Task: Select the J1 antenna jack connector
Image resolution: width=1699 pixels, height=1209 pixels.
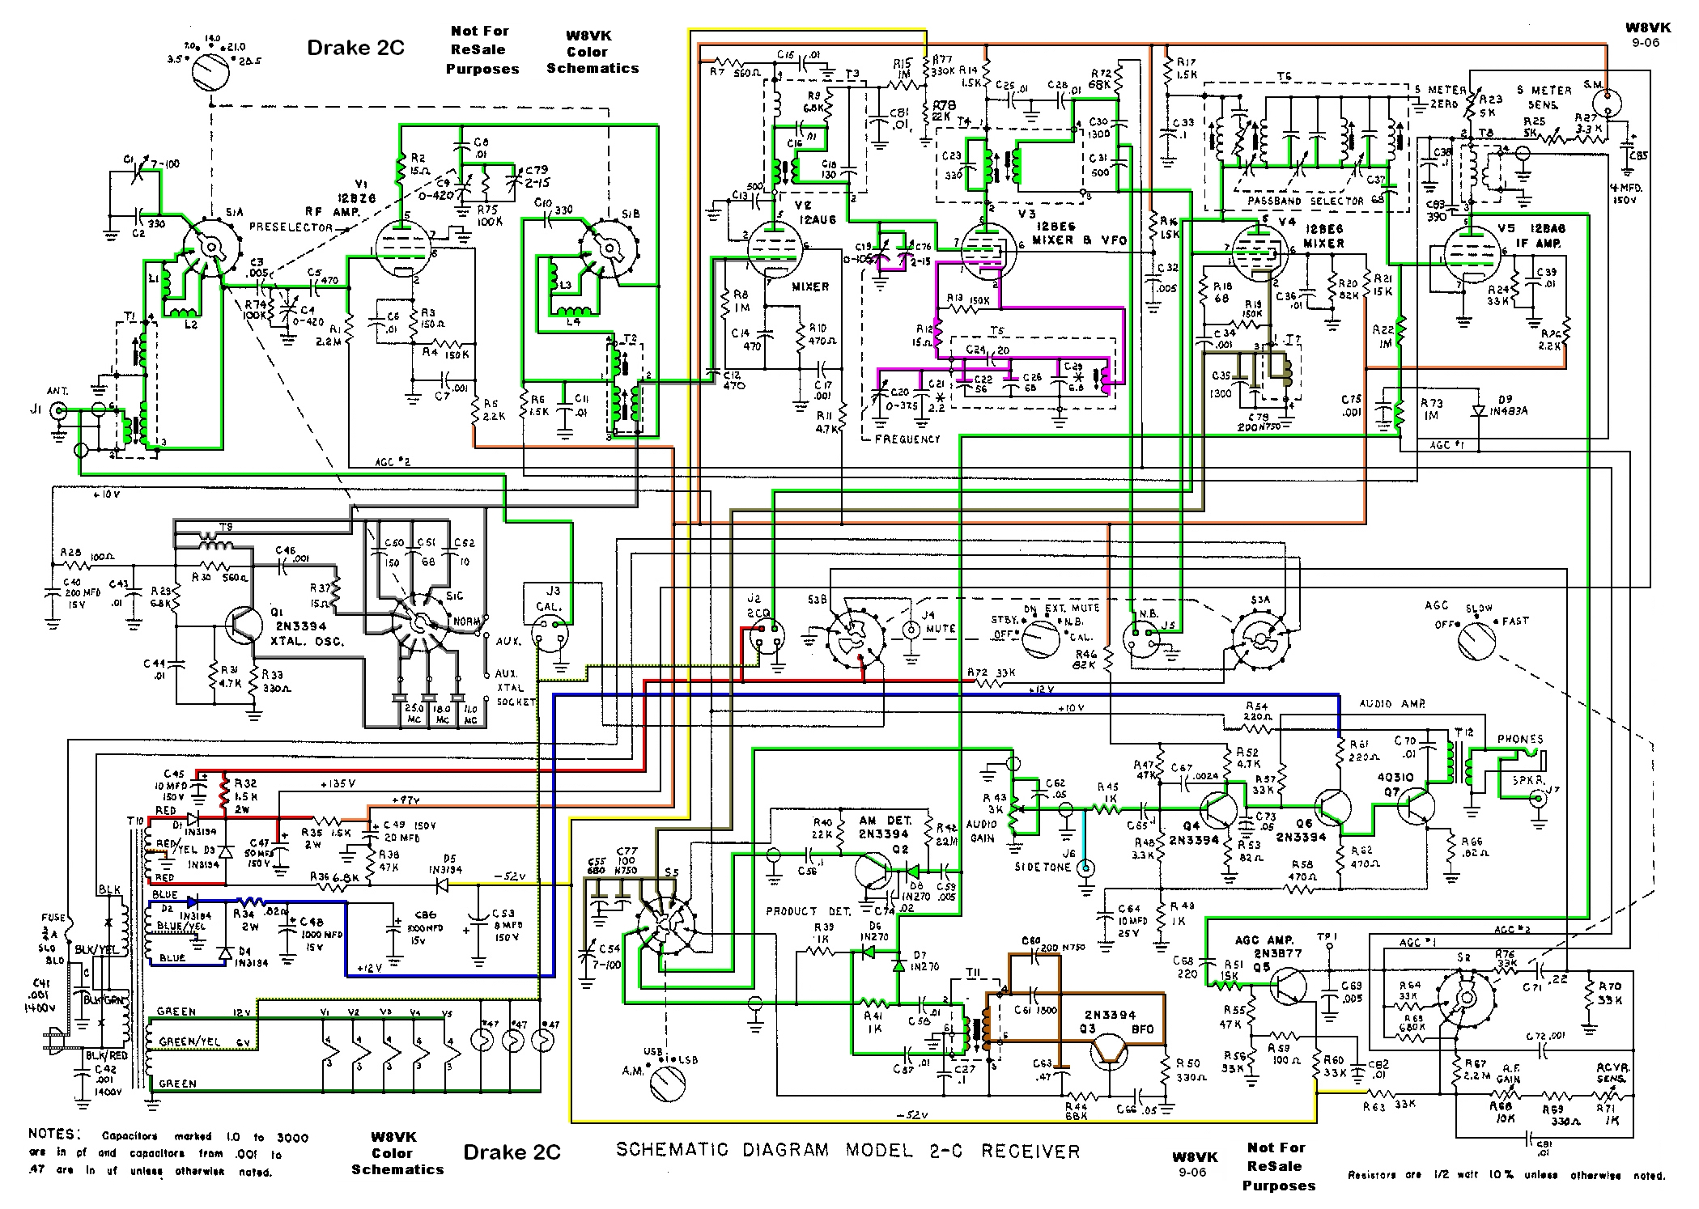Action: pyautogui.click(x=59, y=412)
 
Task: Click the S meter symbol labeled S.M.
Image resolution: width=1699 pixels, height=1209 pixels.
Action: pyautogui.click(x=1605, y=104)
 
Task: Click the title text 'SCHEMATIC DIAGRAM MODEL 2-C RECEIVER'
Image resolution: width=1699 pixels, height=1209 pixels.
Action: pyautogui.click(x=847, y=1150)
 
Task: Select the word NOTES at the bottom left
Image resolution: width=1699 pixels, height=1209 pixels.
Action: pyautogui.click(x=55, y=1134)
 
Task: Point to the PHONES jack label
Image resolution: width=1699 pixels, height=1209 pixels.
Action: pyautogui.click(x=1520, y=739)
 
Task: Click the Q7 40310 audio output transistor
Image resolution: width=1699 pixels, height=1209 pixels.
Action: pyautogui.click(x=1417, y=808)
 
